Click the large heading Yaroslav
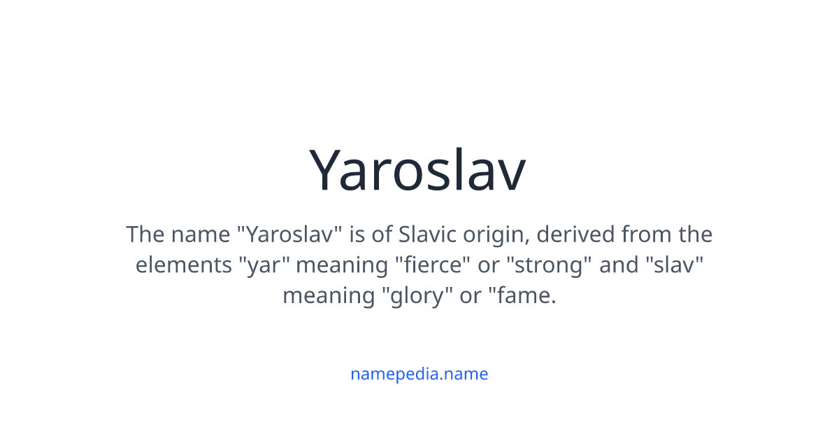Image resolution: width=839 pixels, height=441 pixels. [417, 170]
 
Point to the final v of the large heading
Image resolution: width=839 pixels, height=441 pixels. [510, 175]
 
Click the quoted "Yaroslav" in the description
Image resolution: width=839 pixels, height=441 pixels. [290, 234]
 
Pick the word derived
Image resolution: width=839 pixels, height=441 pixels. [575, 234]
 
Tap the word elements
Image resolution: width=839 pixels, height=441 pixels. [183, 265]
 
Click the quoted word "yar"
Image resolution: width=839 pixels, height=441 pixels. [264, 266]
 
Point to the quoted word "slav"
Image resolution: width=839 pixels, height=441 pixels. [675, 265]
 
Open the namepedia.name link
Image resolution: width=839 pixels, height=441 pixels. [419, 374]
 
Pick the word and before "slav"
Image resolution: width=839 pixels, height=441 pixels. [619, 265]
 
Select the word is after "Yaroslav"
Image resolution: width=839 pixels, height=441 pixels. [357, 234]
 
